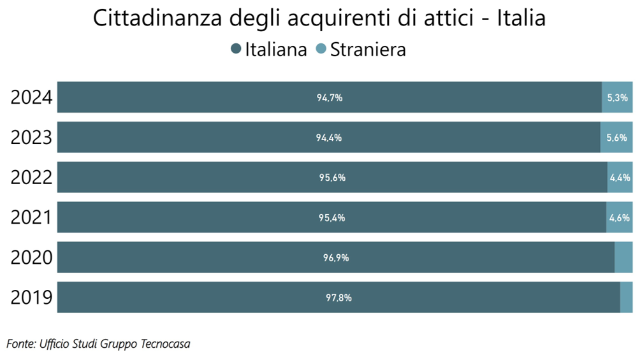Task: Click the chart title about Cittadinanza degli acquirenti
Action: [x=319, y=18]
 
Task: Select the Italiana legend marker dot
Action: [x=236, y=49]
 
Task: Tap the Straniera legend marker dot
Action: [x=321, y=49]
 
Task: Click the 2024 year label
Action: [x=31, y=98]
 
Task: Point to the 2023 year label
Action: [x=31, y=138]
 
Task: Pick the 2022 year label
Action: [x=31, y=178]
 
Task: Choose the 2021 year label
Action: [x=31, y=218]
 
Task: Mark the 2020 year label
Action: [x=31, y=258]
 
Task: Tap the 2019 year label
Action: [x=31, y=298]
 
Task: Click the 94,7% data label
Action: [x=330, y=98]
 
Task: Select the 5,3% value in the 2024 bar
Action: [x=617, y=98]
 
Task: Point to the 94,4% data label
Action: [x=329, y=138]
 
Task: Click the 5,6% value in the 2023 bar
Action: [x=616, y=138]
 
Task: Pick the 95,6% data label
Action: [x=332, y=178]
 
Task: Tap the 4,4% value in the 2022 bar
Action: [x=620, y=178]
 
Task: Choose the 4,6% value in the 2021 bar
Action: [x=620, y=218]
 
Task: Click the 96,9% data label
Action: [x=336, y=258]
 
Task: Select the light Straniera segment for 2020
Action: [x=623, y=257]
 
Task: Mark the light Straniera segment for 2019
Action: [x=626, y=298]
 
